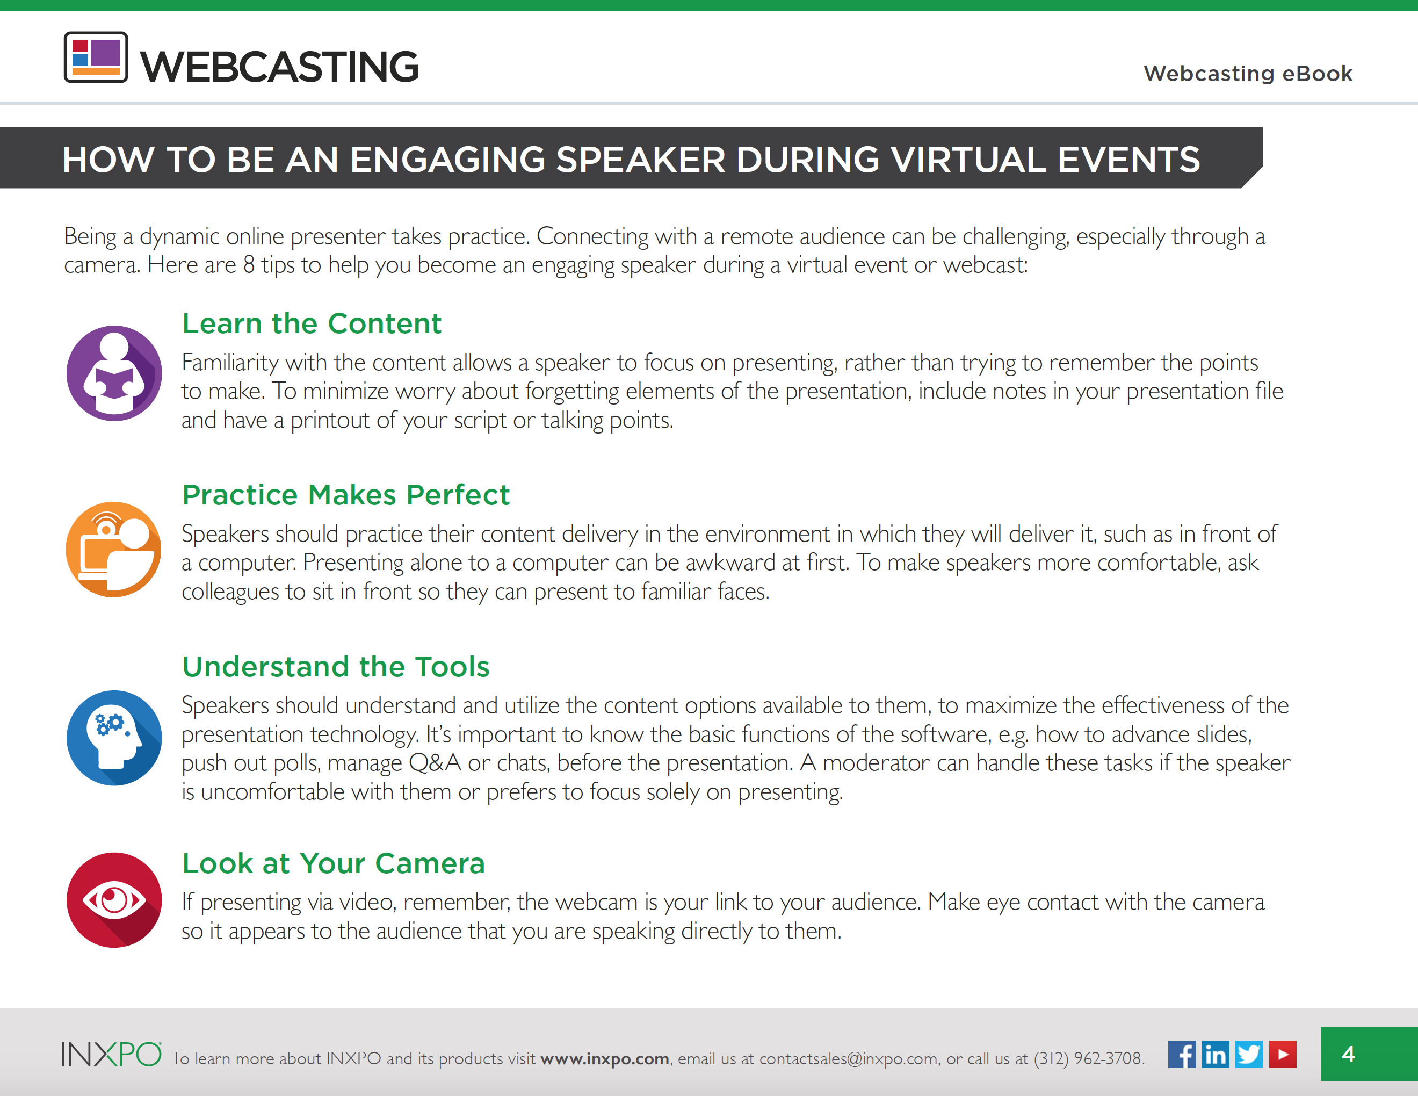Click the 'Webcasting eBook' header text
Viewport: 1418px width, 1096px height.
(1248, 74)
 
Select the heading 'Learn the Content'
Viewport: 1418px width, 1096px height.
(312, 323)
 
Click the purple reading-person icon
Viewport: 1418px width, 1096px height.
(114, 373)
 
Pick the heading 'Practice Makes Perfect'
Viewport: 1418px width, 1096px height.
(346, 495)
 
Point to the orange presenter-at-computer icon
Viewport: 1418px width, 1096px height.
(114, 549)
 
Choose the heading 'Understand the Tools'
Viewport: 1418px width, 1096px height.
(336, 667)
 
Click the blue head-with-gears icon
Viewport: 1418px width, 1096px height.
(114, 738)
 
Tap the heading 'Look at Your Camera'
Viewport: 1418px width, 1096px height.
(334, 863)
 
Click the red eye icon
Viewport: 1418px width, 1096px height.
(114, 900)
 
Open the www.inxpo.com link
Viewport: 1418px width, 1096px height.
(604, 1058)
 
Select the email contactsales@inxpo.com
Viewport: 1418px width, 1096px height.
(849, 1058)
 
